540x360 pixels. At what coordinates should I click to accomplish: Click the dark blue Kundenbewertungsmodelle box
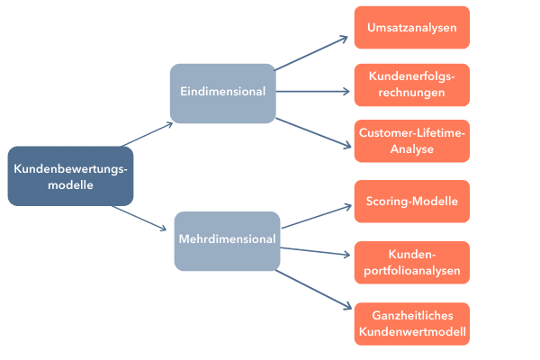[x=70, y=176]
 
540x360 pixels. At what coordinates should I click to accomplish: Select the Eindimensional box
[x=222, y=93]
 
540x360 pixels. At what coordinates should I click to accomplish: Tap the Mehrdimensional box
[x=227, y=240]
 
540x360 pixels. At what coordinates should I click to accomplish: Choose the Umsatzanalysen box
[x=411, y=28]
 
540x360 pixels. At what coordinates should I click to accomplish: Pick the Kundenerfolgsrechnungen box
[x=411, y=84]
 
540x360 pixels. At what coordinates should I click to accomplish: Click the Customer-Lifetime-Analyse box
[x=411, y=140]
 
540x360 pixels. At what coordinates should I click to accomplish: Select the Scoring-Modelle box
[x=411, y=201]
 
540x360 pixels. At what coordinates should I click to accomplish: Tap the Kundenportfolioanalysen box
[x=411, y=262]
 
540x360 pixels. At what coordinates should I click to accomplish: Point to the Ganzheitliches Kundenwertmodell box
[x=411, y=324]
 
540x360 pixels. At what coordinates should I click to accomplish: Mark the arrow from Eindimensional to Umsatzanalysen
[x=310, y=53]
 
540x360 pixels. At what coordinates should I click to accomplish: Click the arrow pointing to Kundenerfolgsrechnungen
[x=311, y=91]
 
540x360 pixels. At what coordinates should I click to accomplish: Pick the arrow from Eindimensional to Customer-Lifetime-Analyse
[x=311, y=131]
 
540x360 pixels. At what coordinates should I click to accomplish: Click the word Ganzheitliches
[x=411, y=316]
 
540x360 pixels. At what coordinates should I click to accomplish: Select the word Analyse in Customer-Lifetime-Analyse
[x=411, y=148]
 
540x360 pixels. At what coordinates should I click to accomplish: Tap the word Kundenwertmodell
[x=411, y=332]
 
